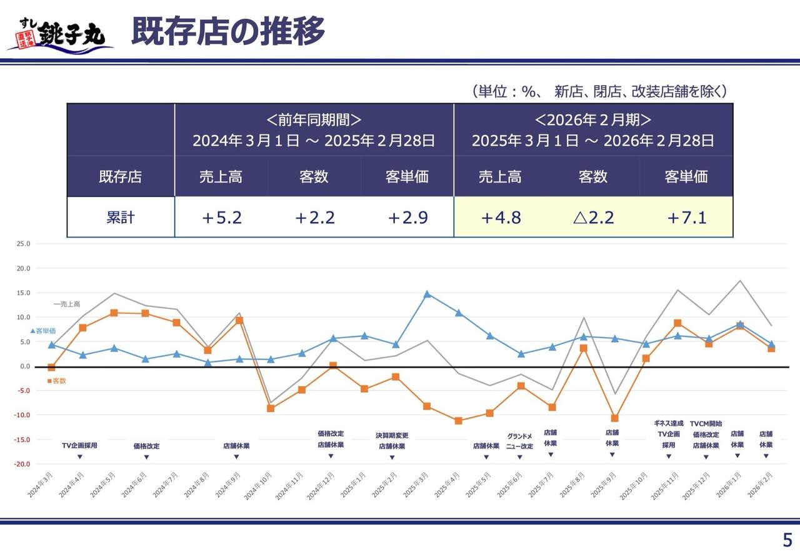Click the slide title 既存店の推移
pyautogui.click(x=227, y=31)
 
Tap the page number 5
pyautogui.click(x=787, y=540)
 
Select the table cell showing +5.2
pyautogui.click(x=221, y=218)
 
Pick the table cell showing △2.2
pyautogui.click(x=592, y=218)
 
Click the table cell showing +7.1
pyautogui.click(x=686, y=218)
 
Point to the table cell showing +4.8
pyautogui.click(x=500, y=218)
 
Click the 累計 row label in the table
pyautogui.click(x=120, y=218)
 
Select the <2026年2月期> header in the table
pyautogui.click(x=592, y=120)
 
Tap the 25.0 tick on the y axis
pyautogui.click(x=23, y=244)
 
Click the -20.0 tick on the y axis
pyautogui.click(x=22, y=464)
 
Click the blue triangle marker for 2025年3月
pyautogui.click(x=427, y=294)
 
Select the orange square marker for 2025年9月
pyautogui.click(x=614, y=418)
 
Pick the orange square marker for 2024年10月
pyautogui.click(x=271, y=408)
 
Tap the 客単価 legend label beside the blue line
pyautogui.click(x=46, y=330)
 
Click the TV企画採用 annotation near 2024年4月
pyautogui.click(x=79, y=446)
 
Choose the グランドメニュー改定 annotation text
pyautogui.click(x=519, y=441)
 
